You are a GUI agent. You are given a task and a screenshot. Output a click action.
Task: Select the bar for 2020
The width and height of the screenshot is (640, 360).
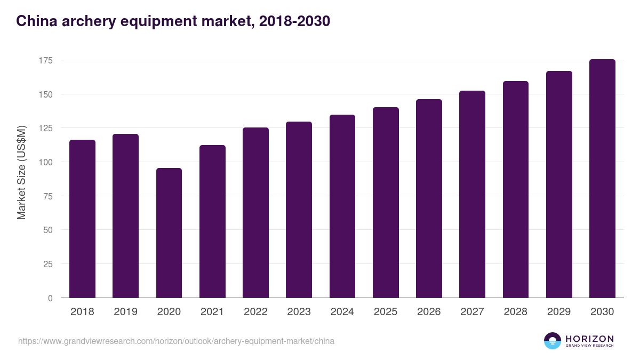tap(169, 233)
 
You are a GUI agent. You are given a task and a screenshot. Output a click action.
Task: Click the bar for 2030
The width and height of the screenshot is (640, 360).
tap(602, 179)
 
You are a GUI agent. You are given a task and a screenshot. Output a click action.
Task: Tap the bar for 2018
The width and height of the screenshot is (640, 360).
tap(82, 219)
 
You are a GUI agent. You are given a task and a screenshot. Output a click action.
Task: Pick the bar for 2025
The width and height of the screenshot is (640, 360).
tap(386, 203)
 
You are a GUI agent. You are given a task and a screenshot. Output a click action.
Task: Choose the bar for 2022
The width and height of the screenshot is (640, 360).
tap(255, 213)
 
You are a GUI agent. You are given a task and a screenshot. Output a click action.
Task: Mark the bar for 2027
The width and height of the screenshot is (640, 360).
tap(472, 194)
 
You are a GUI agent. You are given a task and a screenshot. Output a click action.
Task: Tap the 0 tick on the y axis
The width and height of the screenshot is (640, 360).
tap(50, 298)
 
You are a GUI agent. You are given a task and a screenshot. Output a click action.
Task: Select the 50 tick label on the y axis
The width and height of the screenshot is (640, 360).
tap(48, 230)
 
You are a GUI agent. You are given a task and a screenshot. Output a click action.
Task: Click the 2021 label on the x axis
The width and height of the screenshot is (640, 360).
tap(212, 312)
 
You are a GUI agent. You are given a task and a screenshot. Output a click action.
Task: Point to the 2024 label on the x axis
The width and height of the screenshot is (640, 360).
tap(342, 312)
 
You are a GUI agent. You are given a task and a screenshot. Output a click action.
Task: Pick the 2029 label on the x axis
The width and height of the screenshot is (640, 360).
tap(559, 312)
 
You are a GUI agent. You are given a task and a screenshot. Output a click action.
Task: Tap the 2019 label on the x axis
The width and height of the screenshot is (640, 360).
tap(125, 312)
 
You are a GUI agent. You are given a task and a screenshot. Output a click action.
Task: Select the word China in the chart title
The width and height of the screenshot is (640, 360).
tap(34, 21)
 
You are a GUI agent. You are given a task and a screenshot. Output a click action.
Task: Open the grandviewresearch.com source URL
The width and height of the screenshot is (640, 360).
tap(176, 341)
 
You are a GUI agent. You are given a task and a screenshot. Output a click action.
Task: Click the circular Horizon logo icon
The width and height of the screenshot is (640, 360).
tap(553, 341)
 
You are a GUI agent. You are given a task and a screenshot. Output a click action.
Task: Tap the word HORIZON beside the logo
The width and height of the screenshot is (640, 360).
tap(589, 338)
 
